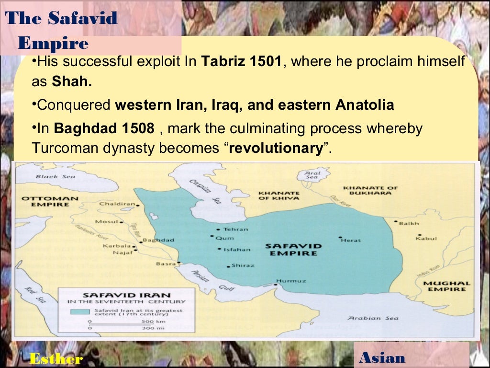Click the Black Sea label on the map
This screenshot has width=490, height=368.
[x=49, y=176]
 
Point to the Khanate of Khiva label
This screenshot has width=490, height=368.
[x=278, y=195]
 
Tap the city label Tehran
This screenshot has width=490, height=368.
[x=236, y=229]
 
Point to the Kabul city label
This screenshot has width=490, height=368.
[x=426, y=238]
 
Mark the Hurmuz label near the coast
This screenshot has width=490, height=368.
[x=291, y=281]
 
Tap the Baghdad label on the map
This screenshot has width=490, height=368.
[x=158, y=240]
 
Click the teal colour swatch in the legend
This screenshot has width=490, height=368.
[x=80, y=311]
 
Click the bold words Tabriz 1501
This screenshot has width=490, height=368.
[x=241, y=62]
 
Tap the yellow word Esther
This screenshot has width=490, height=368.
[x=56, y=358]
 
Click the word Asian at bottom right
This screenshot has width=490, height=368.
[x=382, y=357]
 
